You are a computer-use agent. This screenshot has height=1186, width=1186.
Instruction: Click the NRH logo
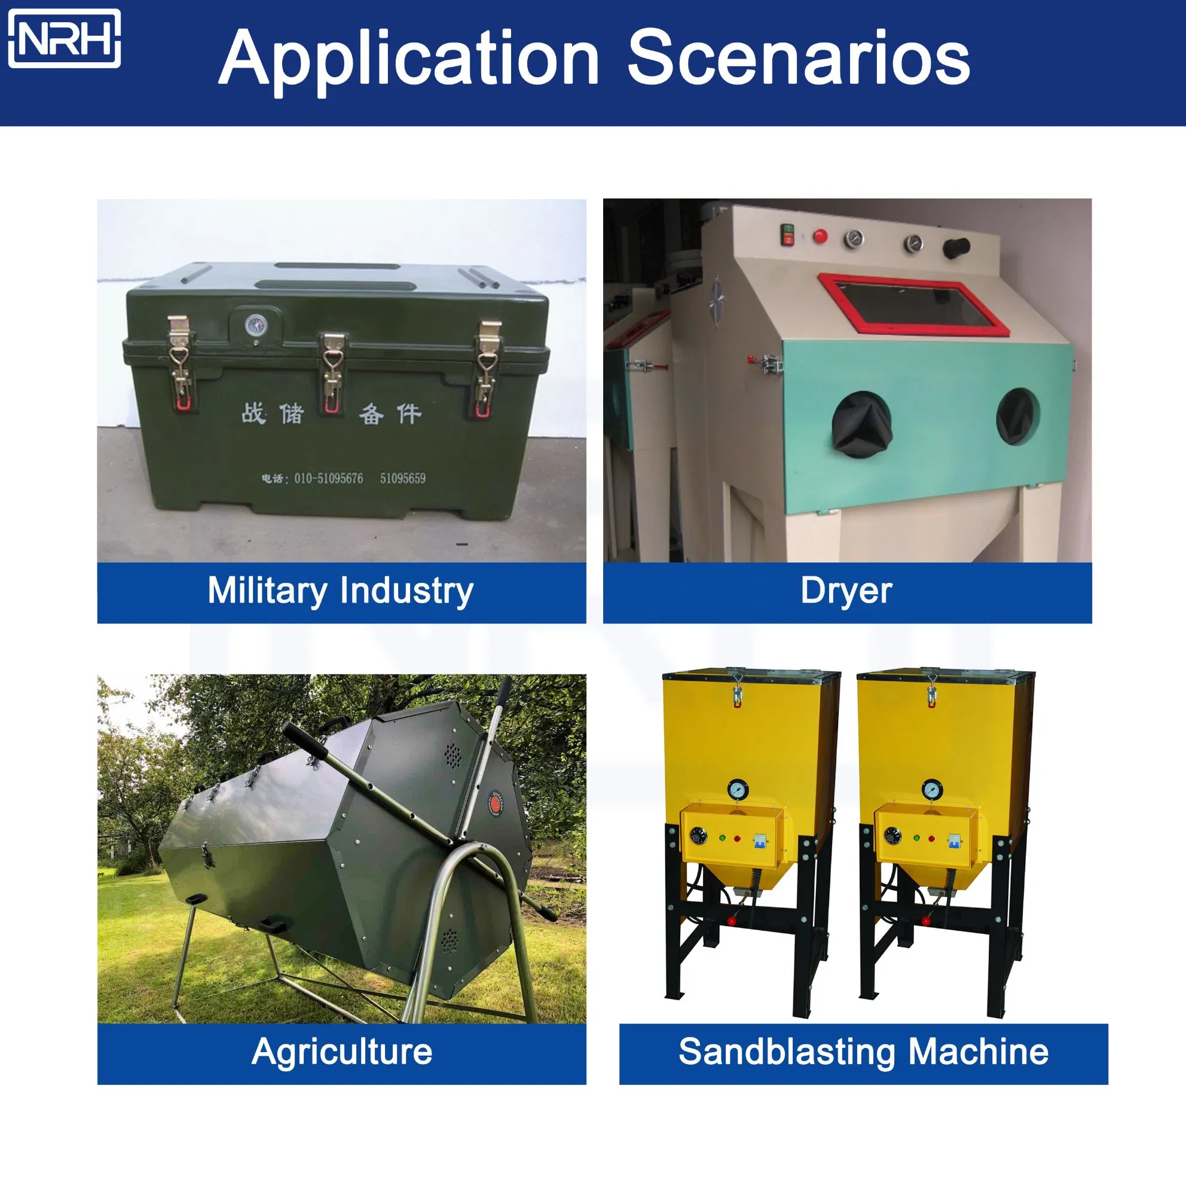(65, 38)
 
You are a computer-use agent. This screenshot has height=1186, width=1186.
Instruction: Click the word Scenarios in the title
(798, 58)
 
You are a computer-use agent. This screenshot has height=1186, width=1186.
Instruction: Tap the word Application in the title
(409, 62)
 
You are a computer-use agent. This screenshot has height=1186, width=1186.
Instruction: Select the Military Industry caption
(341, 591)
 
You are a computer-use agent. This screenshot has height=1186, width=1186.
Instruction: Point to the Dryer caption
(846, 591)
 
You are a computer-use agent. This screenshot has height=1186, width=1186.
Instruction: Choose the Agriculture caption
(342, 1051)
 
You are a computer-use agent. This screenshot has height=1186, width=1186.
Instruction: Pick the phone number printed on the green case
(343, 478)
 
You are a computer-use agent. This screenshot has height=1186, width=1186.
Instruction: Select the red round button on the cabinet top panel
(820, 236)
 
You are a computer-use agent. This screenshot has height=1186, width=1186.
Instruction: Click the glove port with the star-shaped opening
(861, 424)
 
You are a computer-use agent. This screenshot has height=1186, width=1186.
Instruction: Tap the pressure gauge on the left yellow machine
(738, 789)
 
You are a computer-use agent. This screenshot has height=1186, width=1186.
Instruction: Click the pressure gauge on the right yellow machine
(933, 789)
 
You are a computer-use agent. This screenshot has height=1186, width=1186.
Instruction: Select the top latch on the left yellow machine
(738, 689)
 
